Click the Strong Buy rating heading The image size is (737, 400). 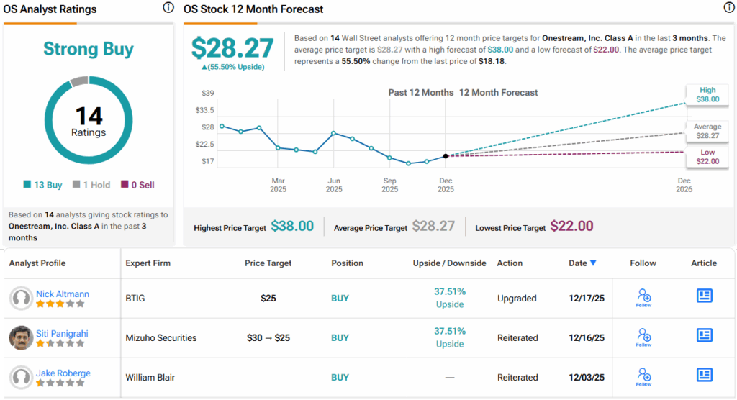[89, 49]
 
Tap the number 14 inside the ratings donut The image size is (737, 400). [89, 116]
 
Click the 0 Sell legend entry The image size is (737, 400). [137, 185]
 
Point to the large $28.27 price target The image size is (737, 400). [232, 47]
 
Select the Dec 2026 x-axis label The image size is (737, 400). [684, 185]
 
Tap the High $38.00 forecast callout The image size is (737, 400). [707, 95]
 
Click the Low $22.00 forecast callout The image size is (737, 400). [707, 157]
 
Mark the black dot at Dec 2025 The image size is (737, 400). [446, 155]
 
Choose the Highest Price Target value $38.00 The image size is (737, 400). [292, 227]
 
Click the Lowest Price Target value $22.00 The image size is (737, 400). [571, 227]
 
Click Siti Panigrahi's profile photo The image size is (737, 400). [22, 337]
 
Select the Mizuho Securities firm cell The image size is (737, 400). [160, 337]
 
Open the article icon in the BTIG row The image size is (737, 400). [704, 296]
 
